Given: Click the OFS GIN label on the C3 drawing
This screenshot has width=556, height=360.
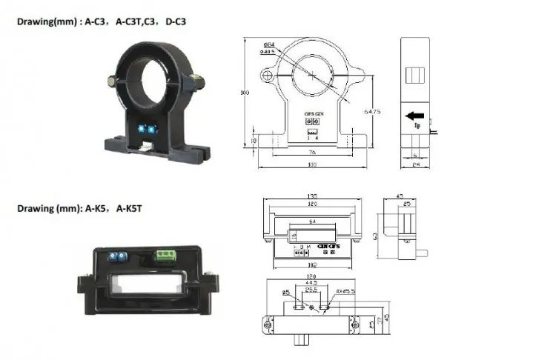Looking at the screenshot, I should click(314, 113).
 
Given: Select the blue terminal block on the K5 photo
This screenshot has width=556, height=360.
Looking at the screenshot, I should click(116, 256).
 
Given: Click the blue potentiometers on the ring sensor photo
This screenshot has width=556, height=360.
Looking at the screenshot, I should click(150, 127).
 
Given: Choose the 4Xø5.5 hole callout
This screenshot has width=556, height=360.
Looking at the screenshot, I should click(345, 291).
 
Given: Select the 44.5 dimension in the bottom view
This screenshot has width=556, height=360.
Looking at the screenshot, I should click(312, 284).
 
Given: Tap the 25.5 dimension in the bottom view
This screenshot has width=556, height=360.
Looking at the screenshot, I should click(311, 291).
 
